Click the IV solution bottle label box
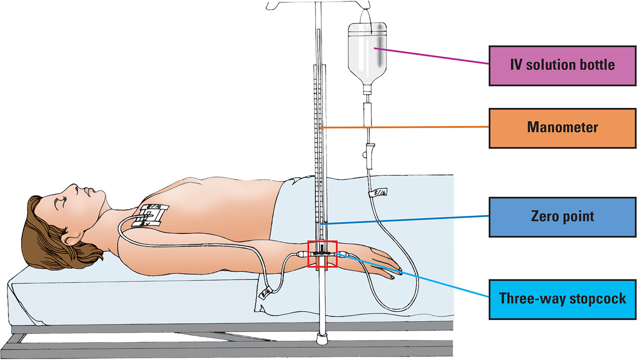(562, 65)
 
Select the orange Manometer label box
(562, 128)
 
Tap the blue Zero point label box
(562, 216)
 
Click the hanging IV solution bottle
(369, 53)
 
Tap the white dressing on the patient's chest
(151, 216)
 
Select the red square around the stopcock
(322, 254)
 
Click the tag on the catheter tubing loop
(266, 293)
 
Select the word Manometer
(562, 128)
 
